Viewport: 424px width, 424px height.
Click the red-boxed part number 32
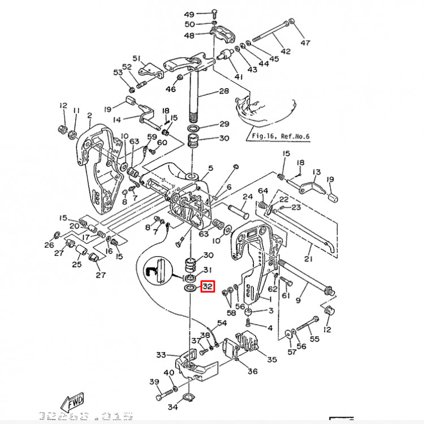pyautogui.click(x=207, y=287)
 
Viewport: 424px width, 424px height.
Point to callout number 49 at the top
pyautogui.click(x=189, y=14)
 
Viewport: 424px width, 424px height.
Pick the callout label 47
pyautogui.click(x=305, y=43)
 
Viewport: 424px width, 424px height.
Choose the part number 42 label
pyautogui.click(x=285, y=51)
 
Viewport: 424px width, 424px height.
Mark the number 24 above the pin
pyautogui.click(x=247, y=197)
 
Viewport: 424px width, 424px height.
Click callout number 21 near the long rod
pyautogui.click(x=308, y=259)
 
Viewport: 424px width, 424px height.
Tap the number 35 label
pyautogui.click(x=272, y=359)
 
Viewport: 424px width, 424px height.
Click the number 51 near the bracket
pyautogui.click(x=136, y=59)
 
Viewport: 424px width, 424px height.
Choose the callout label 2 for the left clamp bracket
pyautogui.click(x=89, y=116)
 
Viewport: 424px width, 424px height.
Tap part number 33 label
pyautogui.click(x=161, y=355)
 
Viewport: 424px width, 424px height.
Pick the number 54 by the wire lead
pyautogui.click(x=222, y=323)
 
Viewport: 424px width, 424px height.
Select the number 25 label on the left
pyautogui.click(x=77, y=264)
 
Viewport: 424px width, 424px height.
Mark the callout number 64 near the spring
pyautogui.click(x=263, y=191)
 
